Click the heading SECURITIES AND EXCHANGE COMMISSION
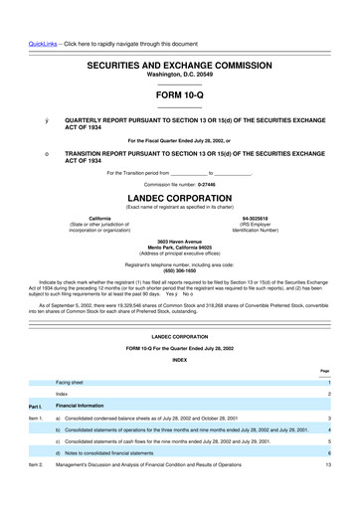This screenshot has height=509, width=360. pyautogui.click(x=179, y=63)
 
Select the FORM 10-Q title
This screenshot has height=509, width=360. pyautogui.click(x=179, y=94)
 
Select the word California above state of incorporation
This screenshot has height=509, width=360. pyautogui.click(x=99, y=218)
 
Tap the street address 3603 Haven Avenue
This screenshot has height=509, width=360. pyautogui.click(x=179, y=242)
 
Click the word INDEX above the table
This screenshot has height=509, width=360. pyautogui.click(x=179, y=359)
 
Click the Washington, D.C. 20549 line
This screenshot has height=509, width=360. pyautogui.click(x=179, y=74)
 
